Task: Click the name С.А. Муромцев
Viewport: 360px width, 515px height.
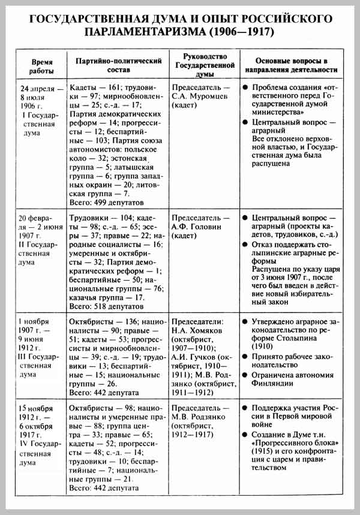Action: point(200,96)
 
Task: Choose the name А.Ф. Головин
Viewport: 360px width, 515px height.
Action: point(197,227)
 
